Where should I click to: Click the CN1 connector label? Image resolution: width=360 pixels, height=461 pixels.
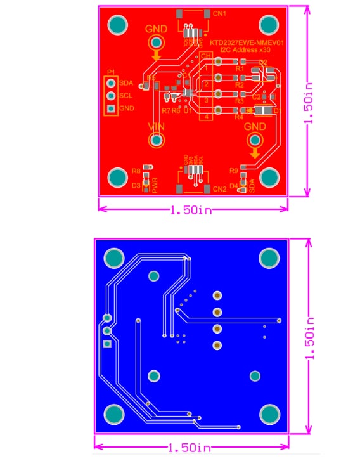(220, 13)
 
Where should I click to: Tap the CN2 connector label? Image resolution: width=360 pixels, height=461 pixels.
(220, 189)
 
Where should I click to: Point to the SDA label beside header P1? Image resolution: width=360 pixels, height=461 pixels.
(126, 83)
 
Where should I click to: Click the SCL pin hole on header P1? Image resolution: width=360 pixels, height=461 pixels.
(111, 96)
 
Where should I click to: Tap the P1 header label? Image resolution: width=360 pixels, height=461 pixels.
(111, 72)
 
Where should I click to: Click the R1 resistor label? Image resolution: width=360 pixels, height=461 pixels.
(239, 68)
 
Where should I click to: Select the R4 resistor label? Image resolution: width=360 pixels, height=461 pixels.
(239, 117)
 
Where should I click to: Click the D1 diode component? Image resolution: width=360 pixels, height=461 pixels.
(266, 111)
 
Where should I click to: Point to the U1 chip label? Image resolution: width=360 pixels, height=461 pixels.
(188, 110)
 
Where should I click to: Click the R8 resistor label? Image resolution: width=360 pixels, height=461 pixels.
(136, 171)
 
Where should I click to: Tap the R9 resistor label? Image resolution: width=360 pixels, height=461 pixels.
(233, 171)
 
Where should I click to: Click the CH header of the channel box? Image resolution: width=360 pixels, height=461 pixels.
(206, 56)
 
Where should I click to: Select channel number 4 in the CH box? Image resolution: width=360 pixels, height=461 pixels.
(206, 117)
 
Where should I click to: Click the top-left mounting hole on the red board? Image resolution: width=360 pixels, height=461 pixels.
(118, 25)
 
